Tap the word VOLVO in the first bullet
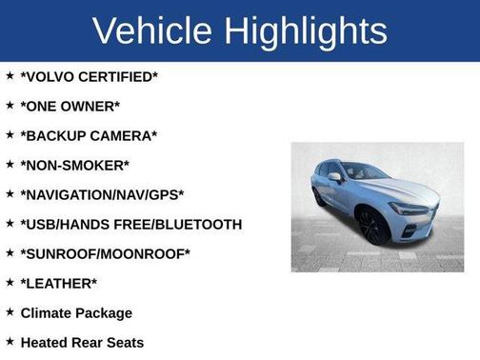tap(54, 76)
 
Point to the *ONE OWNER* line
tap(70, 106)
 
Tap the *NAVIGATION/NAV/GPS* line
tap(102, 194)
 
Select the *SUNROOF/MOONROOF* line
tap(105, 253)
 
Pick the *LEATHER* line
tap(58, 283)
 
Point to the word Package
tap(106, 312)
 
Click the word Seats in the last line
tap(125, 342)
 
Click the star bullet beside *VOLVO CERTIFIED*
tap(9, 75)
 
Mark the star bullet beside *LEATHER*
tap(9, 282)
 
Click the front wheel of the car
tap(371, 228)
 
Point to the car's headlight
tap(410, 208)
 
